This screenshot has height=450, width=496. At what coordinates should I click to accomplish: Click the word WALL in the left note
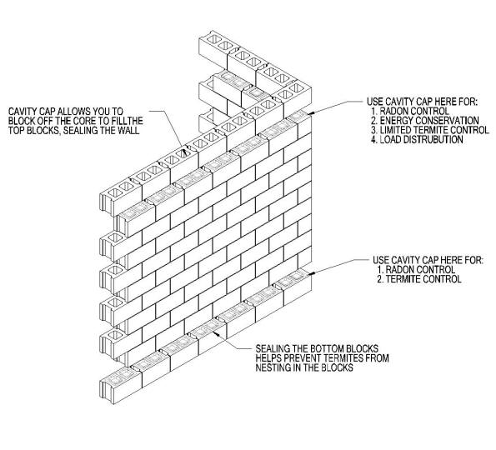[128, 130]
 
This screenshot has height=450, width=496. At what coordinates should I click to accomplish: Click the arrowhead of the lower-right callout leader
[312, 272]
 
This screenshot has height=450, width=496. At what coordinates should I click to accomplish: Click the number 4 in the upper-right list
[374, 139]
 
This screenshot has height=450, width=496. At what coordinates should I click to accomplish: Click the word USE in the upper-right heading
[374, 102]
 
